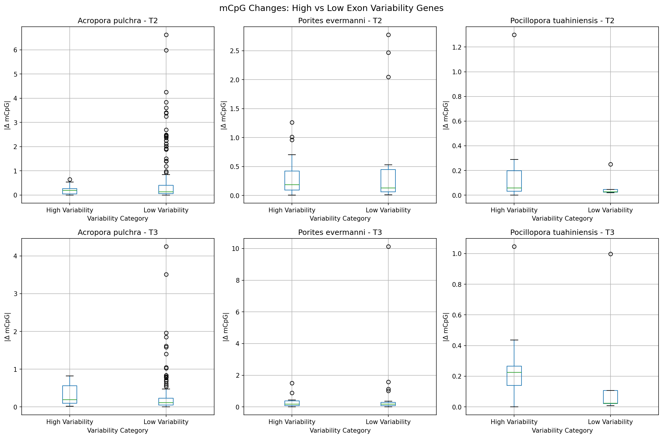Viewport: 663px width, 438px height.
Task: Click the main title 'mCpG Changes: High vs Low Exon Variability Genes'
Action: point(331,8)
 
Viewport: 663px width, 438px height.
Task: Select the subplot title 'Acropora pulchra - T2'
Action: point(117,21)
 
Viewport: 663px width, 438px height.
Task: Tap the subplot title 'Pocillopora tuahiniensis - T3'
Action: point(562,233)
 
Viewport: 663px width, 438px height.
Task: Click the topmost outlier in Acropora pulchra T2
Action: point(166,35)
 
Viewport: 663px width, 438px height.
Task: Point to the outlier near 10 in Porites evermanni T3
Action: point(388,247)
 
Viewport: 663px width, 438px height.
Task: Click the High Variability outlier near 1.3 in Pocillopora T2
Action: point(514,35)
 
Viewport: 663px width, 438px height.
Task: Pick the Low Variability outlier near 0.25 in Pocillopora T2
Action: point(610,165)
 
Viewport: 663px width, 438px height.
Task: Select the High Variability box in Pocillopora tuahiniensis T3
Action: point(514,376)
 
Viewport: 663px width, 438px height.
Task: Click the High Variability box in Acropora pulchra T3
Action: point(70,394)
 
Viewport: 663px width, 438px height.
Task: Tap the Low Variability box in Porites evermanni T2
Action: point(388,181)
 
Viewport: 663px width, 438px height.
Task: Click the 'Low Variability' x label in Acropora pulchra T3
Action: point(166,422)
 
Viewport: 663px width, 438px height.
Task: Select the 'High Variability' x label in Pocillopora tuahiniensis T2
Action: point(514,210)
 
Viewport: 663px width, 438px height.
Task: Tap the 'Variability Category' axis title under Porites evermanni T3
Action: point(340,431)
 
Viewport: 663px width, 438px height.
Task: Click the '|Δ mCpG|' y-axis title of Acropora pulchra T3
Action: point(7,327)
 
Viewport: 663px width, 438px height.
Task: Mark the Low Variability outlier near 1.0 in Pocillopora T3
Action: point(610,254)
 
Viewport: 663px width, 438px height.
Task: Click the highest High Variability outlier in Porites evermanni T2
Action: point(292,123)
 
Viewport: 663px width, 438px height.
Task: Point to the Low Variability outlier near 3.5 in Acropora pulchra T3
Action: point(166,275)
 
